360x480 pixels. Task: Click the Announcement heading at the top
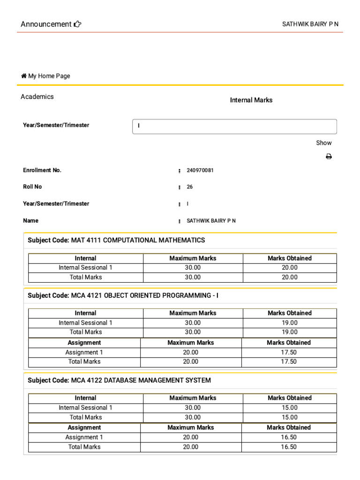tap(46, 24)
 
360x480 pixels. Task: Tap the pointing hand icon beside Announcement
tap(78, 24)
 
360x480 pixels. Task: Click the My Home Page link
tap(49, 76)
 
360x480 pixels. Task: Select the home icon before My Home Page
tap(24, 76)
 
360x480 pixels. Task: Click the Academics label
tap(37, 97)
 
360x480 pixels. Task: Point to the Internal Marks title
tap(251, 100)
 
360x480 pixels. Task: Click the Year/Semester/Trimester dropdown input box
tap(234, 127)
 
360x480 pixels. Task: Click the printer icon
tap(329, 157)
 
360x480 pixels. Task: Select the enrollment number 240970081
tap(200, 171)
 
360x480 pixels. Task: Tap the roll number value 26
tap(190, 187)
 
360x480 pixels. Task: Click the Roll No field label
tap(32, 187)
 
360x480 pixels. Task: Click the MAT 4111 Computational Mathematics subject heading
tap(116, 240)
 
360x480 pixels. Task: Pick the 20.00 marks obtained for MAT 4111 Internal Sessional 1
tap(289, 268)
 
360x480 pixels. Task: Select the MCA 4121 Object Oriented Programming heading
tap(123, 296)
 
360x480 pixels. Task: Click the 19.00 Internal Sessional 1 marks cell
tap(289, 323)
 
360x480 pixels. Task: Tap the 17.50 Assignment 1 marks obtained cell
tap(289, 352)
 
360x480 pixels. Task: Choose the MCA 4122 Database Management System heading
tap(119, 381)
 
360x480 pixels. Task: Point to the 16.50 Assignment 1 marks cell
tap(289, 437)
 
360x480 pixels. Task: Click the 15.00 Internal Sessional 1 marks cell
tap(289, 408)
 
